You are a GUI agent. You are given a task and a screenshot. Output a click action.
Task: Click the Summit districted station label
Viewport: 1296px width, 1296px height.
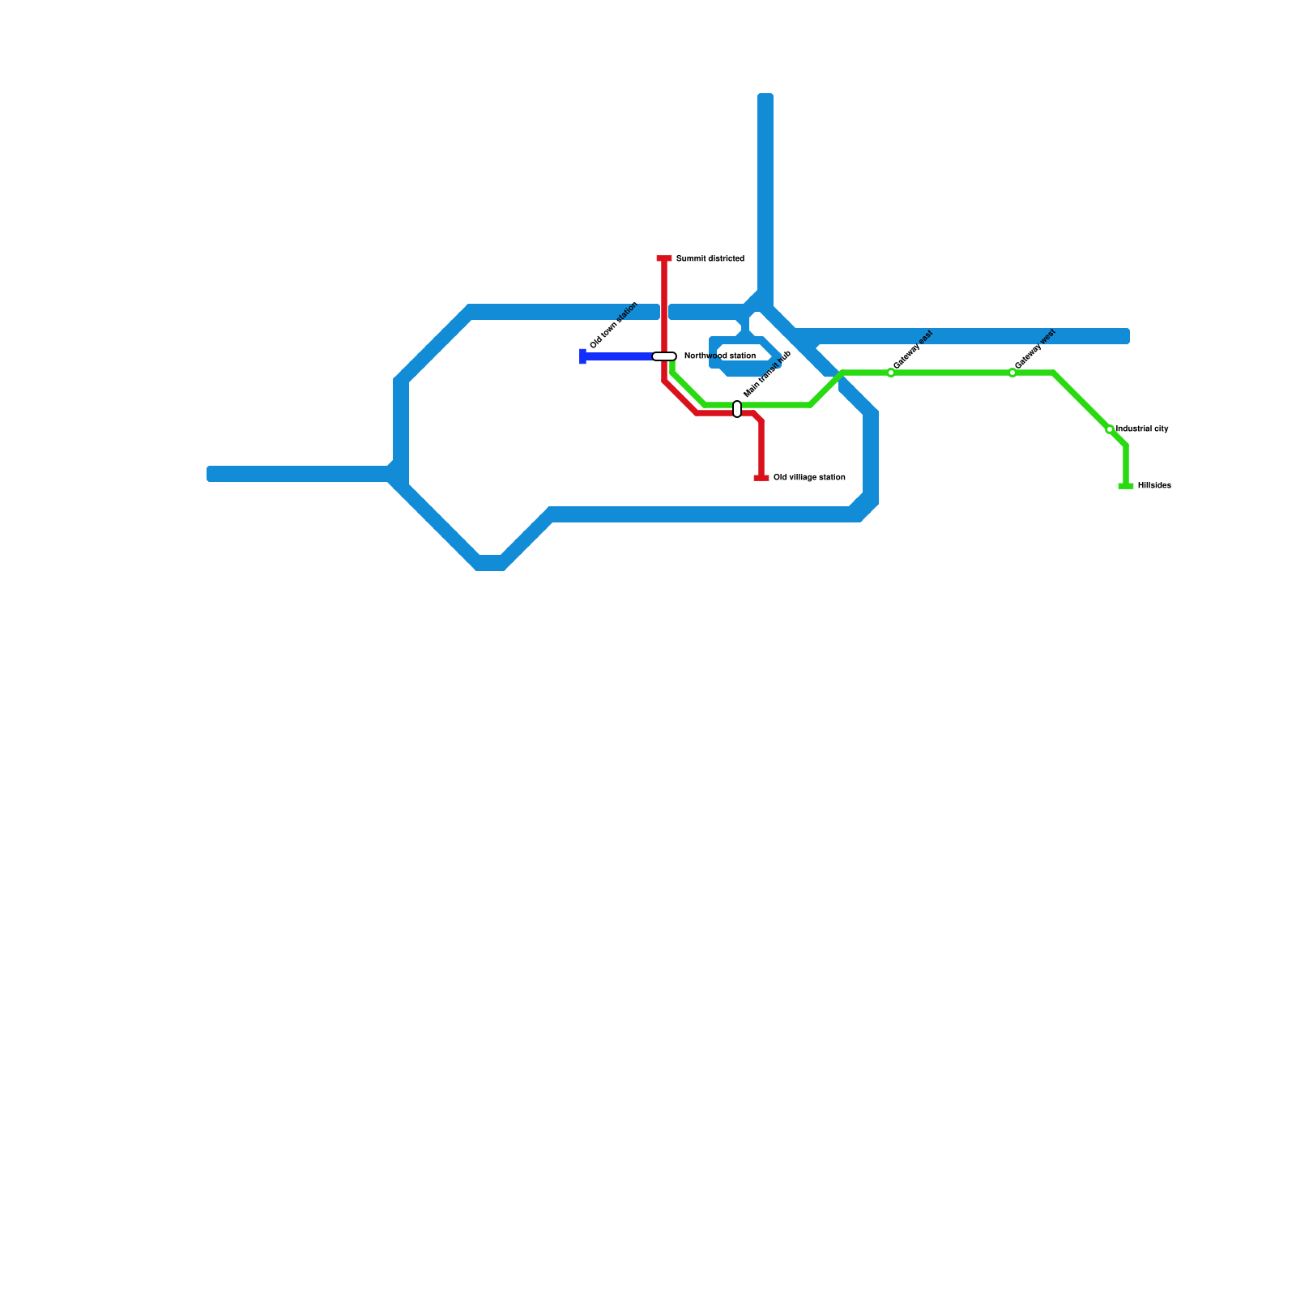pyautogui.click(x=710, y=259)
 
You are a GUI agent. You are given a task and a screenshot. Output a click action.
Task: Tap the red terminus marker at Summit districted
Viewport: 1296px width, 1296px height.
pyautogui.click(x=664, y=259)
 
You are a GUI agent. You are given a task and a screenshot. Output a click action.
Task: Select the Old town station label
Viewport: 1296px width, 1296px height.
pyautogui.click(x=614, y=326)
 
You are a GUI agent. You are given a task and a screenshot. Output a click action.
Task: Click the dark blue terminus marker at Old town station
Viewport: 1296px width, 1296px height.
pyautogui.click(x=583, y=356)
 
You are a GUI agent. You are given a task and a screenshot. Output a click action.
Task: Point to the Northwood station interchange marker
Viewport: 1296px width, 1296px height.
pyautogui.click(x=664, y=356)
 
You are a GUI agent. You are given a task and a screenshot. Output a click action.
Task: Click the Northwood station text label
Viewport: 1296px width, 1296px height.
pyautogui.click(x=719, y=356)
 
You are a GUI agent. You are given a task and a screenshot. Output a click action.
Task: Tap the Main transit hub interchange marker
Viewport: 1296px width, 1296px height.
pyautogui.click(x=737, y=409)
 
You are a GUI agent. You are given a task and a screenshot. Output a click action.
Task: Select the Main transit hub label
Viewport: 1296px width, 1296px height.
pyautogui.click(x=767, y=374)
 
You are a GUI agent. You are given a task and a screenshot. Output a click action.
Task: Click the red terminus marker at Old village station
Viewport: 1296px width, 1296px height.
pyautogui.click(x=761, y=478)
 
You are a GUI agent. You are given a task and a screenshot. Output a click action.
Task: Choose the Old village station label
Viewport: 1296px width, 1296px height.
pyautogui.click(x=809, y=478)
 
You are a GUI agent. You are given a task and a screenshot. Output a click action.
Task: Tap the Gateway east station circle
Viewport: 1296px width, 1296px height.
pyautogui.click(x=891, y=373)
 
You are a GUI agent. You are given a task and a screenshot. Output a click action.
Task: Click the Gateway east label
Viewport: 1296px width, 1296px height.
pyautogui.click(x=914, y=350)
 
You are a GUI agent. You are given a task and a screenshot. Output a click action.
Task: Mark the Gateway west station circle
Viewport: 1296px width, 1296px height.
pyautogui.click(x=1013, y=373)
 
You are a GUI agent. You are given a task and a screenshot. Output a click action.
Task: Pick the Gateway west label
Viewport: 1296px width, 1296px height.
pyautogui.click(x=1035, y=349)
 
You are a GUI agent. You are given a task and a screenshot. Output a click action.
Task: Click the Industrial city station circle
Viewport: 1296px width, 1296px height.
pyautogui.click(x=1110, y=429)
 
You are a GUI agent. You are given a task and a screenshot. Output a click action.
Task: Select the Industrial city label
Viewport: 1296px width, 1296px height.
pyautogui.click(x=1142, y=429)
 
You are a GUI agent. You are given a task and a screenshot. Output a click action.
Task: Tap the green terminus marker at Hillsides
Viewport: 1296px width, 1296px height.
pyautogui.click(x=1126, y=486)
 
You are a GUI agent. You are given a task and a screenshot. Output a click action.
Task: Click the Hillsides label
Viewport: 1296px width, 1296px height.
pyautogui.click(x=1154, y=486)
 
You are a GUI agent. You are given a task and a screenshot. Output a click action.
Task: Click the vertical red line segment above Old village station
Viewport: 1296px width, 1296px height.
pyautogui.click(x=761, y=450)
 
